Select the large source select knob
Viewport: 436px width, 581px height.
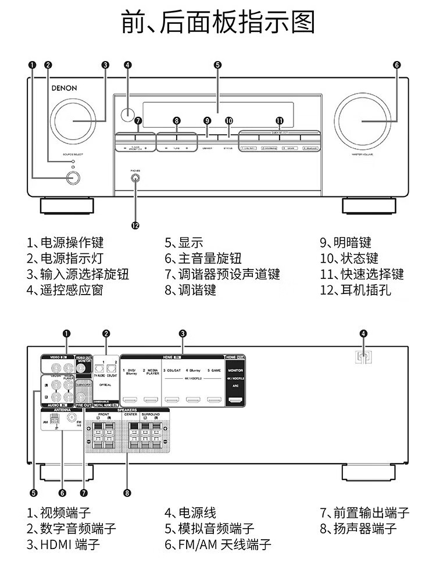[x=74, y=121]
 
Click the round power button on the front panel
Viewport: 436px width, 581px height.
[x=72, y=177]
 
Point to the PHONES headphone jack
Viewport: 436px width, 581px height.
[x=135, y=179]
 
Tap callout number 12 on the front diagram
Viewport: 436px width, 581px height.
[x=135, y=225]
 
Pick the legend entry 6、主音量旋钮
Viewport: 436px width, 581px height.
[x=202, y=259]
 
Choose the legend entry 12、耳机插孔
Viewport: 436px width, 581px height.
[x=355, y=289]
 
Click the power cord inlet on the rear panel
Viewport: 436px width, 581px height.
[x=363, y=358]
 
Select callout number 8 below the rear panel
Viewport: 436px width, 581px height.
[x=127, y=493]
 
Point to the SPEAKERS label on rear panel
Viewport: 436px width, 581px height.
[x=127, y=410]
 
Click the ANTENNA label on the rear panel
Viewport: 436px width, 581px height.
[x=62, y=410]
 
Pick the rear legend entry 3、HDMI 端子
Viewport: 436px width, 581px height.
[x=63, y=544]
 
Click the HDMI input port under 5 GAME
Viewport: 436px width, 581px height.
[x=215, y=400]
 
